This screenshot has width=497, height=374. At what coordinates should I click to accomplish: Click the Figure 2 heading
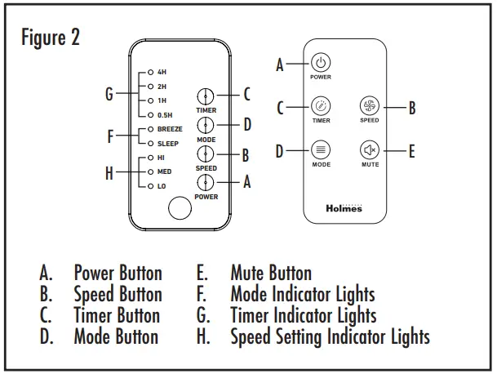pos(51,38)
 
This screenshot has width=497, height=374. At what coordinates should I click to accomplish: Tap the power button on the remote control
pos(321,63)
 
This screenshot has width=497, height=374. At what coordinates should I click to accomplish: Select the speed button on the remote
pos(369,105)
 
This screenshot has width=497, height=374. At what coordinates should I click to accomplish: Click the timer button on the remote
pos(321,106)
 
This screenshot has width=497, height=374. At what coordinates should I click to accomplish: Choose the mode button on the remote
pos(321,150)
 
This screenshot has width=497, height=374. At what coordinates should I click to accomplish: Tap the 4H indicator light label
pos(161,72)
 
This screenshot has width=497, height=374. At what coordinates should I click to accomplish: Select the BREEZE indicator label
pos(169,129)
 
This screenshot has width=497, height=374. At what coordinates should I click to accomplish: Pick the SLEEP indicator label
pos(167,143)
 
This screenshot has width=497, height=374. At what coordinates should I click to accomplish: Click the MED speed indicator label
pos(163,172)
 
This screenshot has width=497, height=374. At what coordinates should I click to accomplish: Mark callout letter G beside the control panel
pos(109,94)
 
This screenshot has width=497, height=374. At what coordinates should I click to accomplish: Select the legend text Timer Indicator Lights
pos(303,314)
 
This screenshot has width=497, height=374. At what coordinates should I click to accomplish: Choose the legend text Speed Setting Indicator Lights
pos(330,335)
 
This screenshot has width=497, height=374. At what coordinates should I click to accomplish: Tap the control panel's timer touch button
pos(206,96)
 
